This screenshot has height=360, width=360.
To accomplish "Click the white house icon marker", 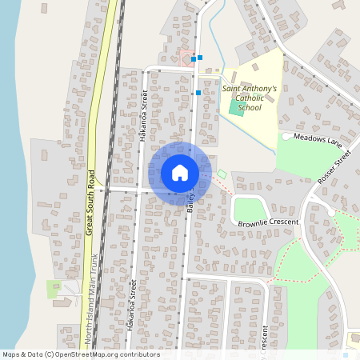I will [x=180, y=173].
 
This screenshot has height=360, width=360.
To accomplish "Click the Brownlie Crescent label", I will [x=268, y=222].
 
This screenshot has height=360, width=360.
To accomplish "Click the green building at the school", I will [x=236, y=106].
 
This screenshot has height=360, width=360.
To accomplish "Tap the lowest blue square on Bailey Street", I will [x=198, y=93].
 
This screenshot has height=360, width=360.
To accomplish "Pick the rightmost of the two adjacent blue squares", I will [x=200, y=58].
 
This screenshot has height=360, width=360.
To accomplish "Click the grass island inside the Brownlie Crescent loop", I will [x=249, y=209].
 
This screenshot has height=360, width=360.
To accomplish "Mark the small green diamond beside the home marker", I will [x=222, y=174].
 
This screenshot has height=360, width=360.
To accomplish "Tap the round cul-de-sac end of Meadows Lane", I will [x=286, y=137].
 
